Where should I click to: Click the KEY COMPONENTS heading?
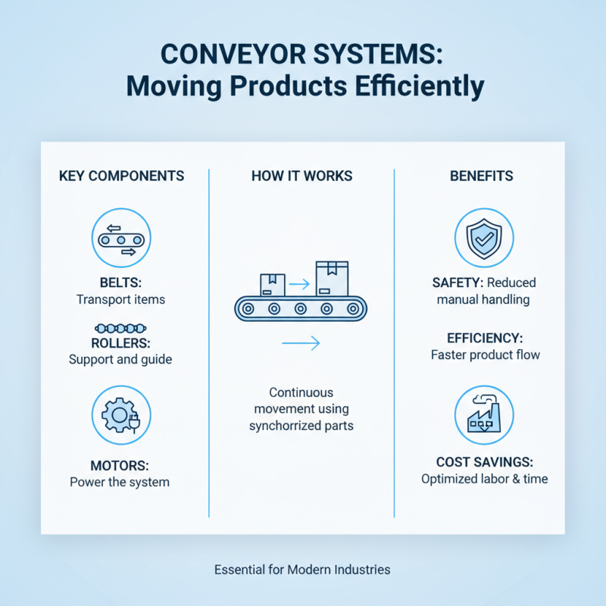click(121, 176)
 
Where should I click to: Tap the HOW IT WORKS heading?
click(301, 176)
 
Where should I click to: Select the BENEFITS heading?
click(481, 176)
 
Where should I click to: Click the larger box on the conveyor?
click(331, 278)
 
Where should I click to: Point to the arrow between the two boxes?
click(300, 285)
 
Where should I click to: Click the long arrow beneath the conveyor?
click(301, 343)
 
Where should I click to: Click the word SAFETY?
click(457, 283)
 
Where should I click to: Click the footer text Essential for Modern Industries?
click(302, 569)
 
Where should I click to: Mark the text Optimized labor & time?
click(485, 479)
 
